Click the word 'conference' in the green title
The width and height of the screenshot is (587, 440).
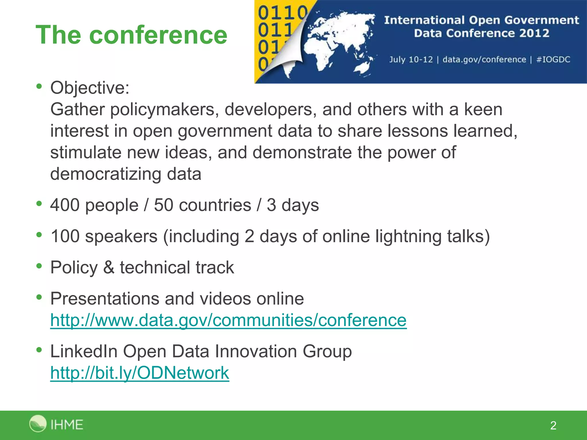158,35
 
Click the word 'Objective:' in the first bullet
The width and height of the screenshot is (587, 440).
90,88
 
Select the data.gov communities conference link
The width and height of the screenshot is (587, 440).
228,320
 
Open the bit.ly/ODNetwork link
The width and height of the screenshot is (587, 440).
140,373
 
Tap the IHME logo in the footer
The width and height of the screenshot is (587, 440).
56,424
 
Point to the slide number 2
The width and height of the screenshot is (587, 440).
553,425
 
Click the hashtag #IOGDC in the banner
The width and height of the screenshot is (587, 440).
553,60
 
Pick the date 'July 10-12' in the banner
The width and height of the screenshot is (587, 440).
411,60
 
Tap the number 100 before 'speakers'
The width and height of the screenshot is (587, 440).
65,236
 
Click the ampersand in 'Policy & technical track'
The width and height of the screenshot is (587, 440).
109,268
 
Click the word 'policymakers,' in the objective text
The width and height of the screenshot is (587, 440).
165,109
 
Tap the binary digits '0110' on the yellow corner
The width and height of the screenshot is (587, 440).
282,13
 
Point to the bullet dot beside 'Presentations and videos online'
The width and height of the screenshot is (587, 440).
39,297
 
